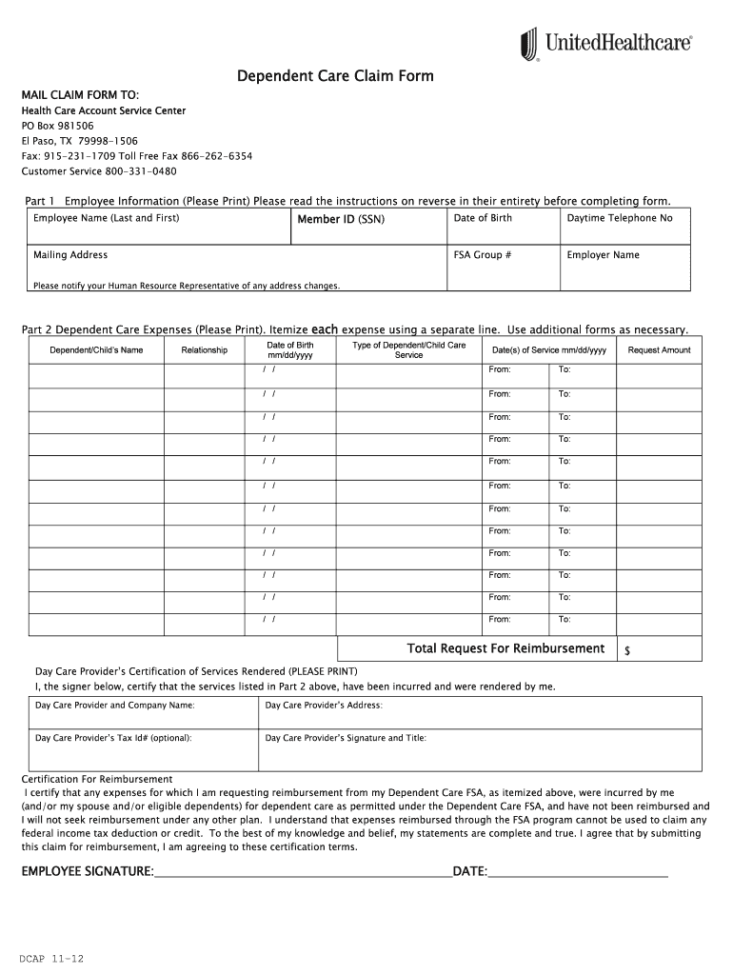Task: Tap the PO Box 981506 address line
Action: [x=58, y=126]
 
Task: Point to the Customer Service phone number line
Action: [x=99, y=171]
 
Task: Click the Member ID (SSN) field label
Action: [x=341, y=219]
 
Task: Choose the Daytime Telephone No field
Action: [x=624, y=229]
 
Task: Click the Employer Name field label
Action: [x=604, y=255]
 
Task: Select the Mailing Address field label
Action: [x=70, y=255]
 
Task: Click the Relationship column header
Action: [x=205, y=350]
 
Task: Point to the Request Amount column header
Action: [x=659, y=350]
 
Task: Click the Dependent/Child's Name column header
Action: [x=96, y=350]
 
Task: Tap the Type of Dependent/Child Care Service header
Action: [x=408, y=349]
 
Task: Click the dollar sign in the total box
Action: [x=627, y=651]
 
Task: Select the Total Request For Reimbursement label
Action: [x=505, y=648]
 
